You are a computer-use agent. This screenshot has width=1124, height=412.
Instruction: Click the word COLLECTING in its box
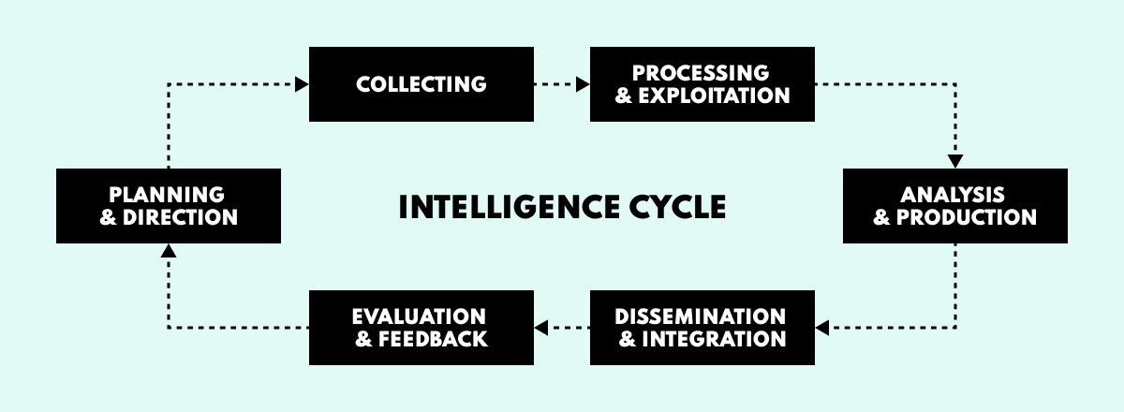pos(421,84)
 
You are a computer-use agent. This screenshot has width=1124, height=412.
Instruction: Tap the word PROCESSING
pos(701,73)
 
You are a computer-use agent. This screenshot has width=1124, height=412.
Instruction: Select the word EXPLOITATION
pos(715,96)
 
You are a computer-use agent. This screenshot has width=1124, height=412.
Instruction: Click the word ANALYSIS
pos(954,195)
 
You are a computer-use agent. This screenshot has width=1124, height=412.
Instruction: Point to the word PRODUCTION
pos(967,217)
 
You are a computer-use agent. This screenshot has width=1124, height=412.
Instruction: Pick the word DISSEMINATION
pos(701,316)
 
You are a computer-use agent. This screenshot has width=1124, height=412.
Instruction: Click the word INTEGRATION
pos(714,338)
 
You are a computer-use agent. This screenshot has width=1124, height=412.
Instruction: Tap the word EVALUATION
pos(419,316)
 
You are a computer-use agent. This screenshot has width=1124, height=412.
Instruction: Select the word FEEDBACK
pos(434,338)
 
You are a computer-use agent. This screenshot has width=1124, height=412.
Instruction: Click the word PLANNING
pos(167,195)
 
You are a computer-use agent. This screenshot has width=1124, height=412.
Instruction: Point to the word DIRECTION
pos(181,217)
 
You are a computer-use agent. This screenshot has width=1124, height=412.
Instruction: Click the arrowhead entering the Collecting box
pos(302,84)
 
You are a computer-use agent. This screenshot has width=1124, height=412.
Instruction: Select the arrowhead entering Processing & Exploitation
pos(583,84)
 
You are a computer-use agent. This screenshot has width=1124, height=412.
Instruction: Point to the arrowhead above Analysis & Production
pos(955,160)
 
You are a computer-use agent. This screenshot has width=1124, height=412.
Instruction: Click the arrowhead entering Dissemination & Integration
pos(822,328)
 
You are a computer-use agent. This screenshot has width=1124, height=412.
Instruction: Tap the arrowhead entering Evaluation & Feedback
pos(541,328)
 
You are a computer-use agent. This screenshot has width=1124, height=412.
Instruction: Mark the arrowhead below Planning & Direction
pos(168,251)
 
